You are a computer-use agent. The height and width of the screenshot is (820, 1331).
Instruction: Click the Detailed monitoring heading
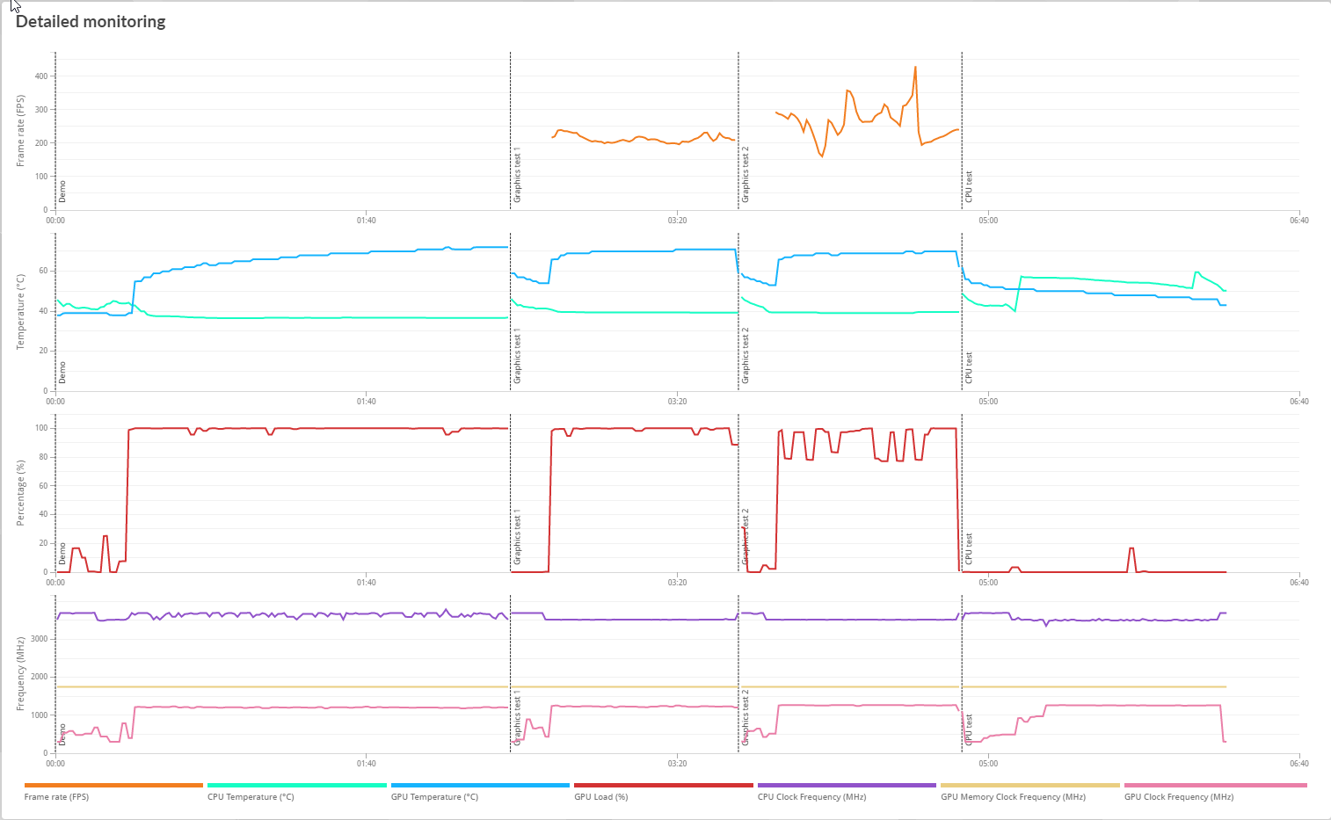pos(91,22)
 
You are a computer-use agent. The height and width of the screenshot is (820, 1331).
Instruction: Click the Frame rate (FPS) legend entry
pos(56,797)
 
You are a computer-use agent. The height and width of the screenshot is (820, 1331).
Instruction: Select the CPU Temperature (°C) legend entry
pos(251,797)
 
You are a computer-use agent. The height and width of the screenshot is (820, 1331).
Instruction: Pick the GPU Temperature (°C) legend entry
pos(434,797)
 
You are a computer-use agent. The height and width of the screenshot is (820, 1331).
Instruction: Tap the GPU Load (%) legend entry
pos(600,797)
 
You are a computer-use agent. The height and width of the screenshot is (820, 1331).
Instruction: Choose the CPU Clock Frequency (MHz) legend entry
pos(811,797)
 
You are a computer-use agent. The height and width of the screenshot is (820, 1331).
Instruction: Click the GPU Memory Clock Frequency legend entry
pos(1013,797)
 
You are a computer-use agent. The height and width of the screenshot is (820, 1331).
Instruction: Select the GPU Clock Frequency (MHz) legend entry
pos(1178,797)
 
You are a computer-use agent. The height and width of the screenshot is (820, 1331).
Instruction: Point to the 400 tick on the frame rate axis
pos(41,76)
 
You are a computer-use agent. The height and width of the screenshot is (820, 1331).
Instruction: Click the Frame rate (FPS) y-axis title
pos(20,131)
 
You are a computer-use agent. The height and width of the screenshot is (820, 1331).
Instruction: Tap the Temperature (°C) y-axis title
pos(20,312)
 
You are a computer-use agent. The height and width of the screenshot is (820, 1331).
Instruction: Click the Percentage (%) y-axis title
pos(20,493)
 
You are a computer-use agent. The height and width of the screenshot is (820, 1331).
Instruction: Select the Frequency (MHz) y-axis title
pos(20,674)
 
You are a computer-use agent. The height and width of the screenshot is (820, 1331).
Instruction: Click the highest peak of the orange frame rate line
pos(915,67)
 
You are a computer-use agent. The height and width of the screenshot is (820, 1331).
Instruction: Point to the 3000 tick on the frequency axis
pos(39,639)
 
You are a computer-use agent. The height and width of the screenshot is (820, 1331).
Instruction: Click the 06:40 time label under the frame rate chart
pos(1298,221)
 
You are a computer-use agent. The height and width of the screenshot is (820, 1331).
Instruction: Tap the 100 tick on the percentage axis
pos(41,429)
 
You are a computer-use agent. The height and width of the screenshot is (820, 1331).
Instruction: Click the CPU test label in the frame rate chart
pos(969,186)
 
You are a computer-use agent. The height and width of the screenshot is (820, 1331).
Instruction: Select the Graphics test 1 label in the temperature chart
pos(517,356)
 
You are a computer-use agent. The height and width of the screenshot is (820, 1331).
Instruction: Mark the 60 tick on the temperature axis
pos(43,271)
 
